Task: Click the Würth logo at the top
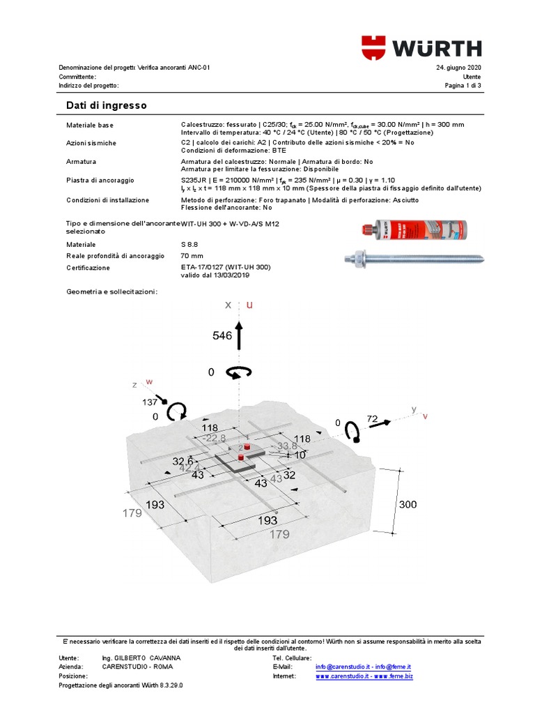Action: coord(421,47)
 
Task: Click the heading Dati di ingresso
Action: coord(106,105)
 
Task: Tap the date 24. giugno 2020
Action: coord(458,68)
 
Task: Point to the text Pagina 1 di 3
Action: coord(463,86)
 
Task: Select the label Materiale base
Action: coord(89,125)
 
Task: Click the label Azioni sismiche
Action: coord(91,143)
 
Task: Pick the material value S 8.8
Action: coord(191,245)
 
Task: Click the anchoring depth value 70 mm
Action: coord(192,257)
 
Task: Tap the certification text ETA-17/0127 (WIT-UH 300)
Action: coord(225,268)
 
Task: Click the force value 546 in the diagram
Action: coord(222,335)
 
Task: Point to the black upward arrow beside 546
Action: coord(239,335)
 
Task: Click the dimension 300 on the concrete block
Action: coord(409,504)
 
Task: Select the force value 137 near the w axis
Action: coord(149,402)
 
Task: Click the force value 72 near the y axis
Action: coord(373,419)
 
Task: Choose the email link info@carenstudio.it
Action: coord(341,667)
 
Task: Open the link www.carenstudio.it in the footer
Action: coord(342,676)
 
